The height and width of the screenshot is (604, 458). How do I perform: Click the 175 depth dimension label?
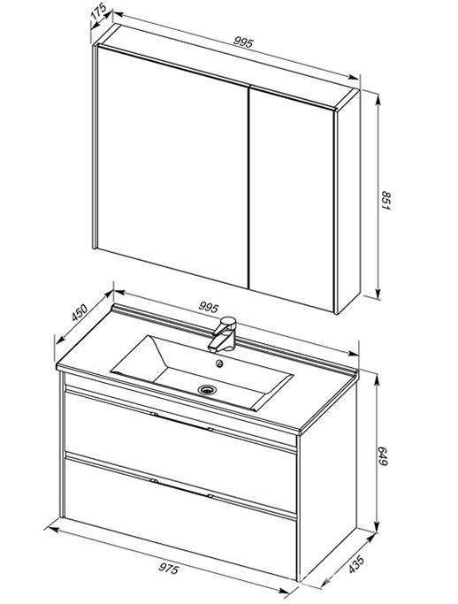(98, 13)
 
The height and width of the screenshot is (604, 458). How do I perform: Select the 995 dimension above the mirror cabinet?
(243, 42)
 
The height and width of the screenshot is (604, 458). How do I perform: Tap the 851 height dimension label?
(385, 200)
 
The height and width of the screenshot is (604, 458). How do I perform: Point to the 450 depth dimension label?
(80, 312)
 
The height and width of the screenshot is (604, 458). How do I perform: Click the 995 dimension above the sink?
(209, 307)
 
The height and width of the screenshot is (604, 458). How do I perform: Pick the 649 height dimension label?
(383, 455)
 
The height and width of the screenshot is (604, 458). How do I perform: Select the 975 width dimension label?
(169, 568)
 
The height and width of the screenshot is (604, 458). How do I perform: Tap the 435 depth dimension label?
(356, 564)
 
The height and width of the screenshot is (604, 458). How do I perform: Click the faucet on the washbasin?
(223, 334)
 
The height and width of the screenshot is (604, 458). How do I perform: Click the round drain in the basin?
(207, 390)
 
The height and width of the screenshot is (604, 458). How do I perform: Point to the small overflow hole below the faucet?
(219, 363)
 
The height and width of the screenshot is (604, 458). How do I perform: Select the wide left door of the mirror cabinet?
(172, 166)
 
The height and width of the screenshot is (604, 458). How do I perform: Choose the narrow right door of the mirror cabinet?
(292, 200)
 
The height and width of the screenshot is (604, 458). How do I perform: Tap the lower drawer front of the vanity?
(181, 516)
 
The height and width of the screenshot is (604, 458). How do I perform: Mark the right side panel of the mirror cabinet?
(348, 201)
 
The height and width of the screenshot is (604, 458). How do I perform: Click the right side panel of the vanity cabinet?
(328, 481)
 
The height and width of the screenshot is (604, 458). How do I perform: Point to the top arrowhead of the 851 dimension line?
(378, 97)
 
